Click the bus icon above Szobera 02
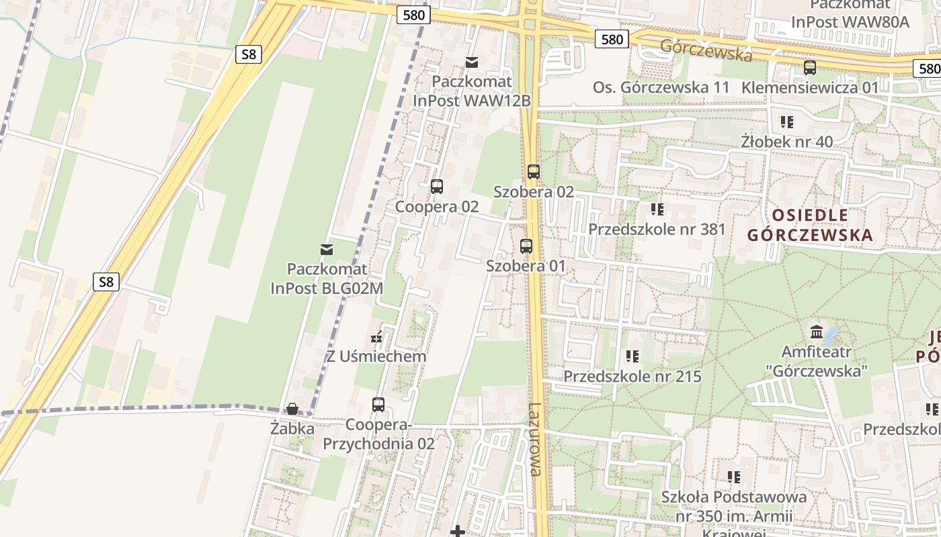(x=533, y=171)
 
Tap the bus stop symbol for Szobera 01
(x=526, y=246)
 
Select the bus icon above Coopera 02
(x=437, y=187)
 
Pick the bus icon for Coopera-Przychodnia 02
(x=378, y=405)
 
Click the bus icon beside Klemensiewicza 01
(x=810, y=68)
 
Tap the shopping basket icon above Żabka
(x=292, y=408)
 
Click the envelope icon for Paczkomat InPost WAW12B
(x=472, y=62)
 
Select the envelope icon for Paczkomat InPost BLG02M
(x=327, y=250)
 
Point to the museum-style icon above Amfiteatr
(x=817, y=332)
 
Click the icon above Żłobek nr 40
(x=786, y=122)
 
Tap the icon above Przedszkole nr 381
(x=657, y=209)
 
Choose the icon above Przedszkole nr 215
(x=632, y=356)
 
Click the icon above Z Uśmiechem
(x=376, y=337)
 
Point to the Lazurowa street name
(x=535, y=439)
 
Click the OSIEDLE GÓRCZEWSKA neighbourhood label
(x=810, y=225)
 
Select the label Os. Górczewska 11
(x=661, y=87)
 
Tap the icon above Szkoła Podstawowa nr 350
(x=733, y=477)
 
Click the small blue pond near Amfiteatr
(x=831, y=334)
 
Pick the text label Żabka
(x=292, y=428)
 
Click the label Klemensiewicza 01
(x=810, y=87)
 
